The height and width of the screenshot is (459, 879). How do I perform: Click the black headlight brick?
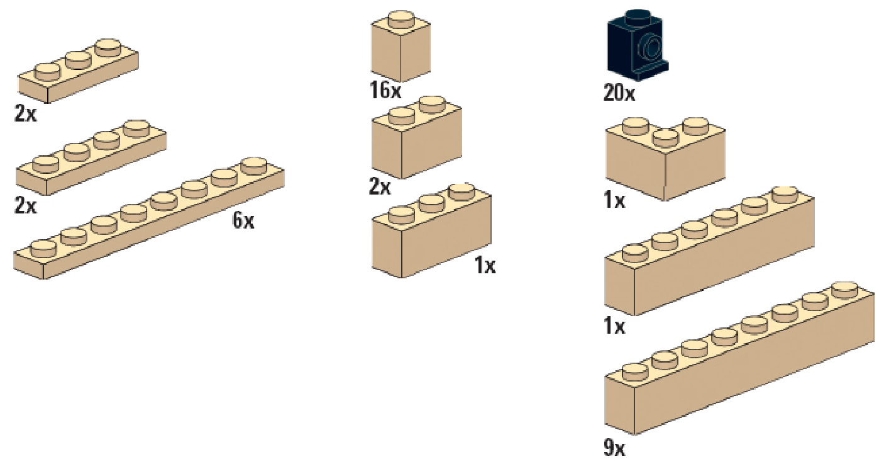pos(635,47)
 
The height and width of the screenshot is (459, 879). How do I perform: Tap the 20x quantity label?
pos(619,94)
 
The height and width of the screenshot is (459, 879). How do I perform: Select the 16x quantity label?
pos(385,91)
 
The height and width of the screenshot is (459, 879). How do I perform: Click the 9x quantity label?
pos(614,448)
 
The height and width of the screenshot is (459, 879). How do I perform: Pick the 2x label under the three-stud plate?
pos(26,115)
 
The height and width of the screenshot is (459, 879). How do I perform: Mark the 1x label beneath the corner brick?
pos(614,201)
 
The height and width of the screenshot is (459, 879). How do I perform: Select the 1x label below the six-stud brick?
pos(614,327)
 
